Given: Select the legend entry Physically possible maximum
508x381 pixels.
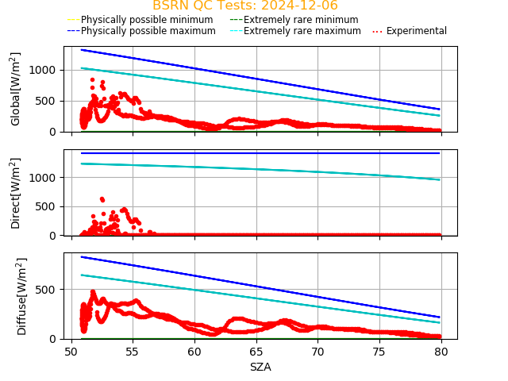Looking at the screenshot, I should pyautogui.click(x=148, y=31).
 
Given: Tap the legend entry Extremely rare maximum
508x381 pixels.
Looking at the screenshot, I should pyautogui.click(x=302, y=31).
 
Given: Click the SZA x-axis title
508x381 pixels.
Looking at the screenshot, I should pyautogui.click(x=260, y=367).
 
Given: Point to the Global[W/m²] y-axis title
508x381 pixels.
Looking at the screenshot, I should pyautogui.click(x=17, y=89).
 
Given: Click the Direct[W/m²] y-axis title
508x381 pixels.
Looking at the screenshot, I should pyautogui.click(x=17, y=193).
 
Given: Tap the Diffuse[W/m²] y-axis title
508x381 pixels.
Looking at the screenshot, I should pyautogui.click(x=17, y=296).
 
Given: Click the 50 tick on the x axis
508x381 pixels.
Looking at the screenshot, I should pyautogui.click(x=71, y=352).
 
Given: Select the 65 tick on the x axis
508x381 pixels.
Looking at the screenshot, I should pyautogui.click(x=256, y=352).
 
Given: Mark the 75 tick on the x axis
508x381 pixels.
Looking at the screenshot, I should pyautogui.click(x=379, y=352).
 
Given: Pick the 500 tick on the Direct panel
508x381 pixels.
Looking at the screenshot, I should pyautogui.click(x=48, y=206).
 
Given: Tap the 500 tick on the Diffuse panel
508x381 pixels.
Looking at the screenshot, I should pyautogui.click(x=48, y=290).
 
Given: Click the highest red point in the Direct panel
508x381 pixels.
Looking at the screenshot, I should pyautogui.click(x=102, y=198).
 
